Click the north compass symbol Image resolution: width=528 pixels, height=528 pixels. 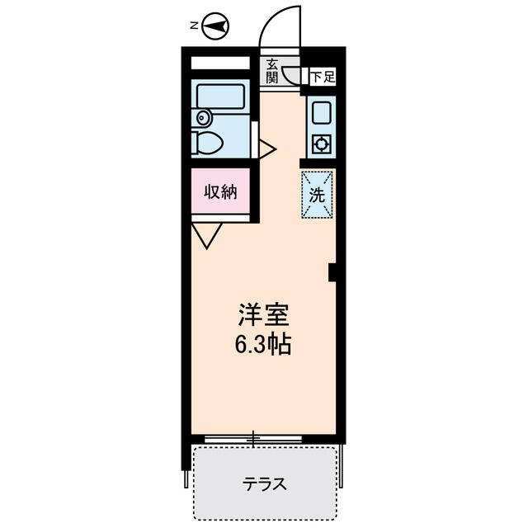[217, 26]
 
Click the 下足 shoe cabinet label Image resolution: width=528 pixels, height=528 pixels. [322, 78]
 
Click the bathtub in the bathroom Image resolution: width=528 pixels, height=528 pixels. [220, 97]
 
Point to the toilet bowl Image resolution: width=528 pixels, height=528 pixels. [208, 143]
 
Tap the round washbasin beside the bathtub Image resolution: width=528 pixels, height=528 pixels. [202, 118]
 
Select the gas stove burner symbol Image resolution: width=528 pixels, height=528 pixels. [321, 144]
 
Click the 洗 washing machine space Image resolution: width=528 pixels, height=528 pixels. [317, 196]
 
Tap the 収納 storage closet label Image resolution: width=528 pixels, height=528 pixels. [220, 192]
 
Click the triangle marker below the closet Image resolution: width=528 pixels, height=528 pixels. [207, 235]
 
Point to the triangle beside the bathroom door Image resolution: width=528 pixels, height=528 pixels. [266, 148]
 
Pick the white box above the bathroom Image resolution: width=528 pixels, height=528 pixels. [220, 64]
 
